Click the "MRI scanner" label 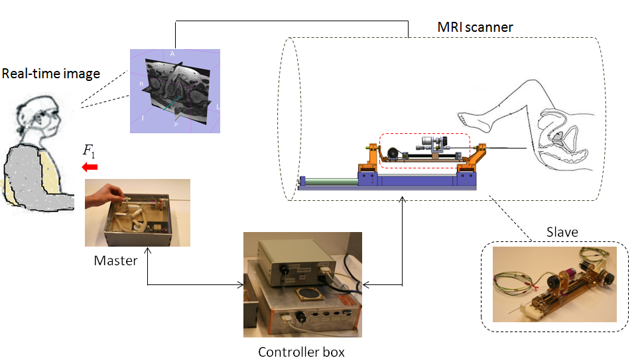475,27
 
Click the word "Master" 115,261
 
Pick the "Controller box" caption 301,351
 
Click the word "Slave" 561,232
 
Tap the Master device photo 137,212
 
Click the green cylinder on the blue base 328,179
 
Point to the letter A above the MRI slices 172,53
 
